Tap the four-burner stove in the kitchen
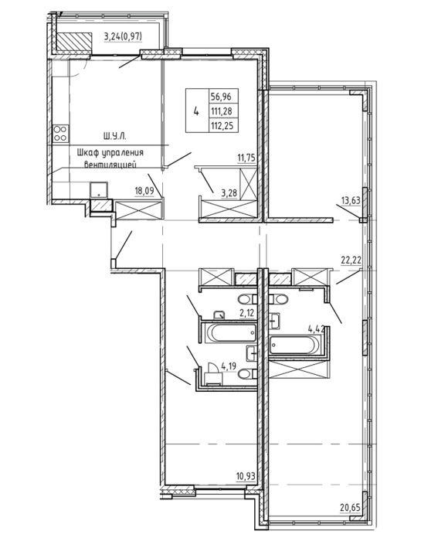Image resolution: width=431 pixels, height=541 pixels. click(61, 134)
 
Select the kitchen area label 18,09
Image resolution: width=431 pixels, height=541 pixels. click(144, 191)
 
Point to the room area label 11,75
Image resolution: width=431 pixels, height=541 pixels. click(246, 158)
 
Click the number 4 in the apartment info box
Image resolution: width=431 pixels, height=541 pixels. click(196, 111)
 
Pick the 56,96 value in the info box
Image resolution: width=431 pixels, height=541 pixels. click(222, 97)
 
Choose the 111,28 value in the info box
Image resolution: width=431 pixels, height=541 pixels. click(222, 111)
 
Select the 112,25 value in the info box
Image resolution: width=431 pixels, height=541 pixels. click(222, 126)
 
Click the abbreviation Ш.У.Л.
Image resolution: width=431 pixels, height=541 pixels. click(115, 137)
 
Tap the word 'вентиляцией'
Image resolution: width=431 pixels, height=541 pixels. click(110, 165)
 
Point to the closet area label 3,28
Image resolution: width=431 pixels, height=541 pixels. click(229, 192)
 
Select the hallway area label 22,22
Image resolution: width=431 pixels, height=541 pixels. click(351, 260)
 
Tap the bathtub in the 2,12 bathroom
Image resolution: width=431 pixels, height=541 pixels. click(231, 333)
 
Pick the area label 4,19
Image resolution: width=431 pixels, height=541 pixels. click(229, 366)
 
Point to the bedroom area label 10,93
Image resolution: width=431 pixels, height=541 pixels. click(246, 477)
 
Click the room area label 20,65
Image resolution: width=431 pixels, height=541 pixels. click(351, 508)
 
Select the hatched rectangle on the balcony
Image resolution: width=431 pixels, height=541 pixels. click(74, 41)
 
